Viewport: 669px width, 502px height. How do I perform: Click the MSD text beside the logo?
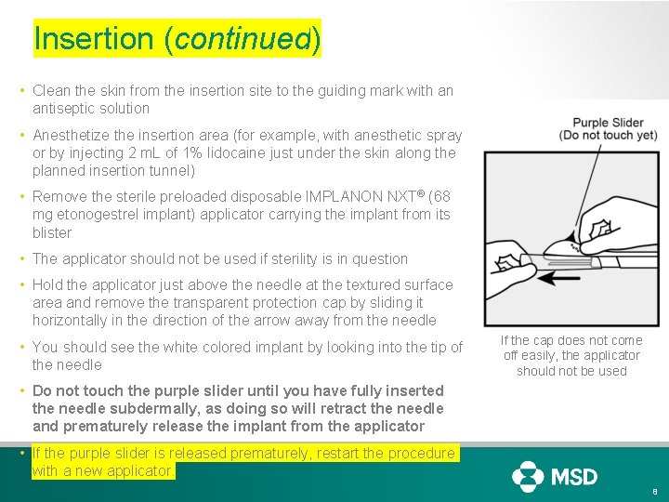click(574, 477)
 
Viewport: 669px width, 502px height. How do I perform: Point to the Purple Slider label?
click(608, 123)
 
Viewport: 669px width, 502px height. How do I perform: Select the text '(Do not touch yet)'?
click(608, 136)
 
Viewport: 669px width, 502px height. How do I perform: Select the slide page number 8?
click(654, 491)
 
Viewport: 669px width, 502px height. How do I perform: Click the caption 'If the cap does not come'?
click(571, 340)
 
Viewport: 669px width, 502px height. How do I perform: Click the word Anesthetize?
click(72, 135)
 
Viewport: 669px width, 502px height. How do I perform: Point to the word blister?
click(52, 232)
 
